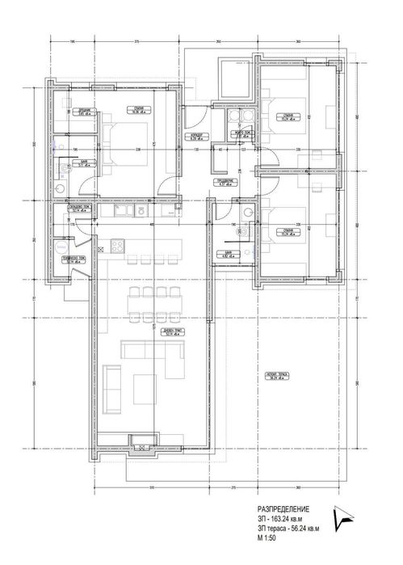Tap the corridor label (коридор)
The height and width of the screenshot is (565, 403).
195,135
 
